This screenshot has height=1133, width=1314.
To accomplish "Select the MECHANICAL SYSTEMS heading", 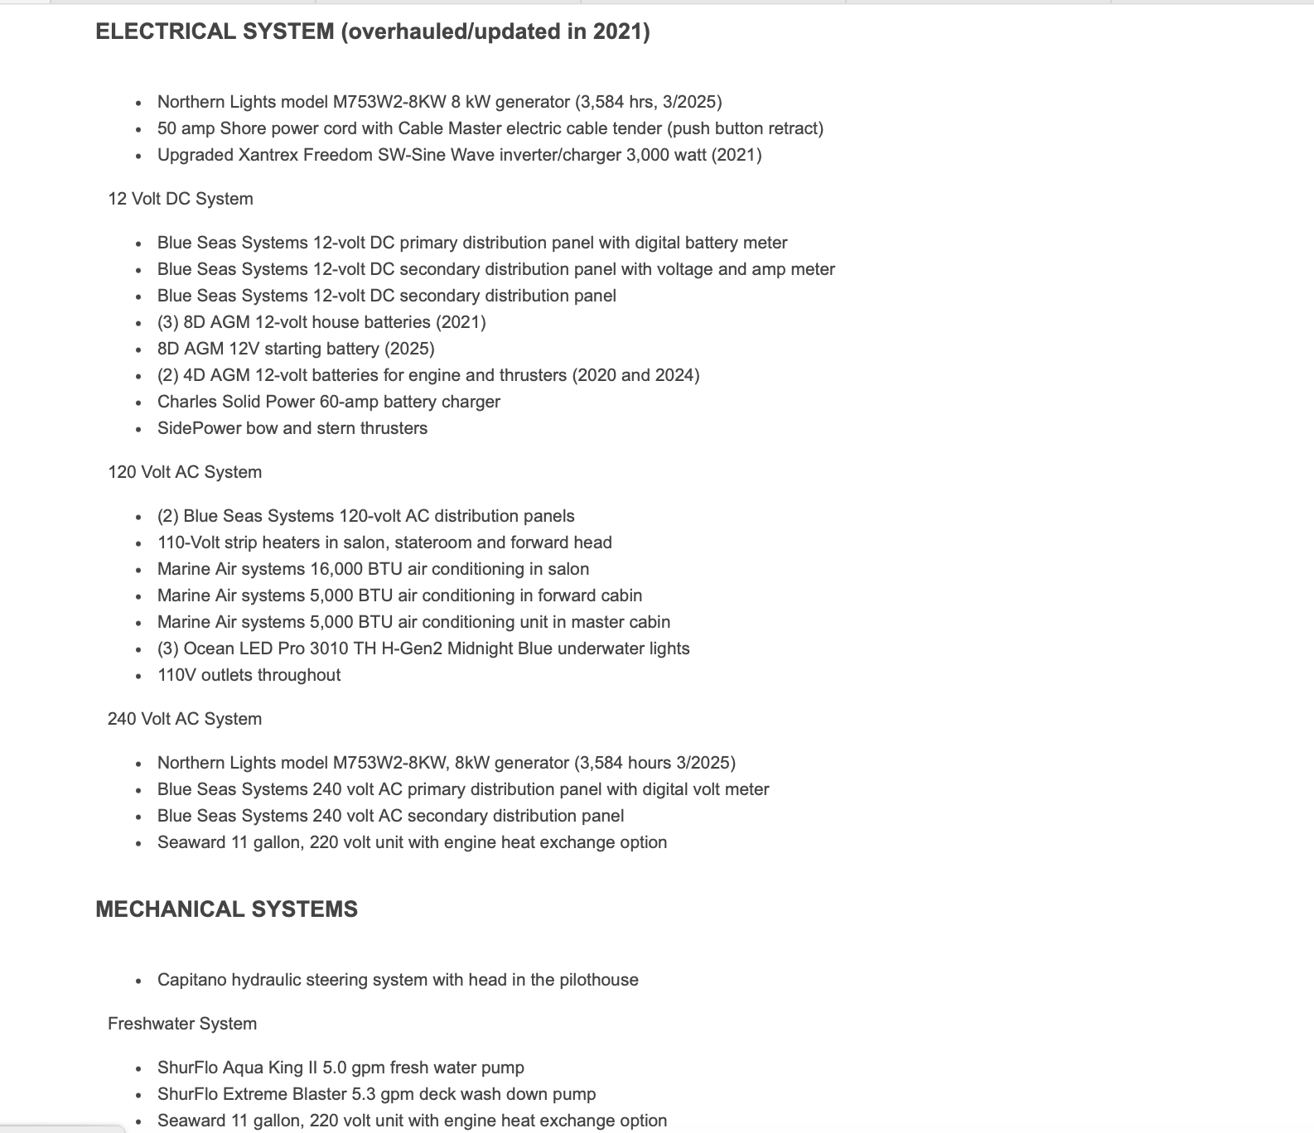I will [x=226, y=909].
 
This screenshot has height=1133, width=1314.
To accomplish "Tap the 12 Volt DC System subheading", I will [x=181, y=199].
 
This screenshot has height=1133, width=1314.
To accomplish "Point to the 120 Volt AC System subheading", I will [x=185, y=472].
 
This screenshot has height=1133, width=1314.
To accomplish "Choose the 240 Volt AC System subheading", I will [x=185, y=719].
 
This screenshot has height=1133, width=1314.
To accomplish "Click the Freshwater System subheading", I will [x=182, y=1024].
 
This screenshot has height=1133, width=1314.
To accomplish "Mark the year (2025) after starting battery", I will [x=409, y=349].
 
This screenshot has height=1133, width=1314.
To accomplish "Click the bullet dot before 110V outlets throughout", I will [x=138, y=676].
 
